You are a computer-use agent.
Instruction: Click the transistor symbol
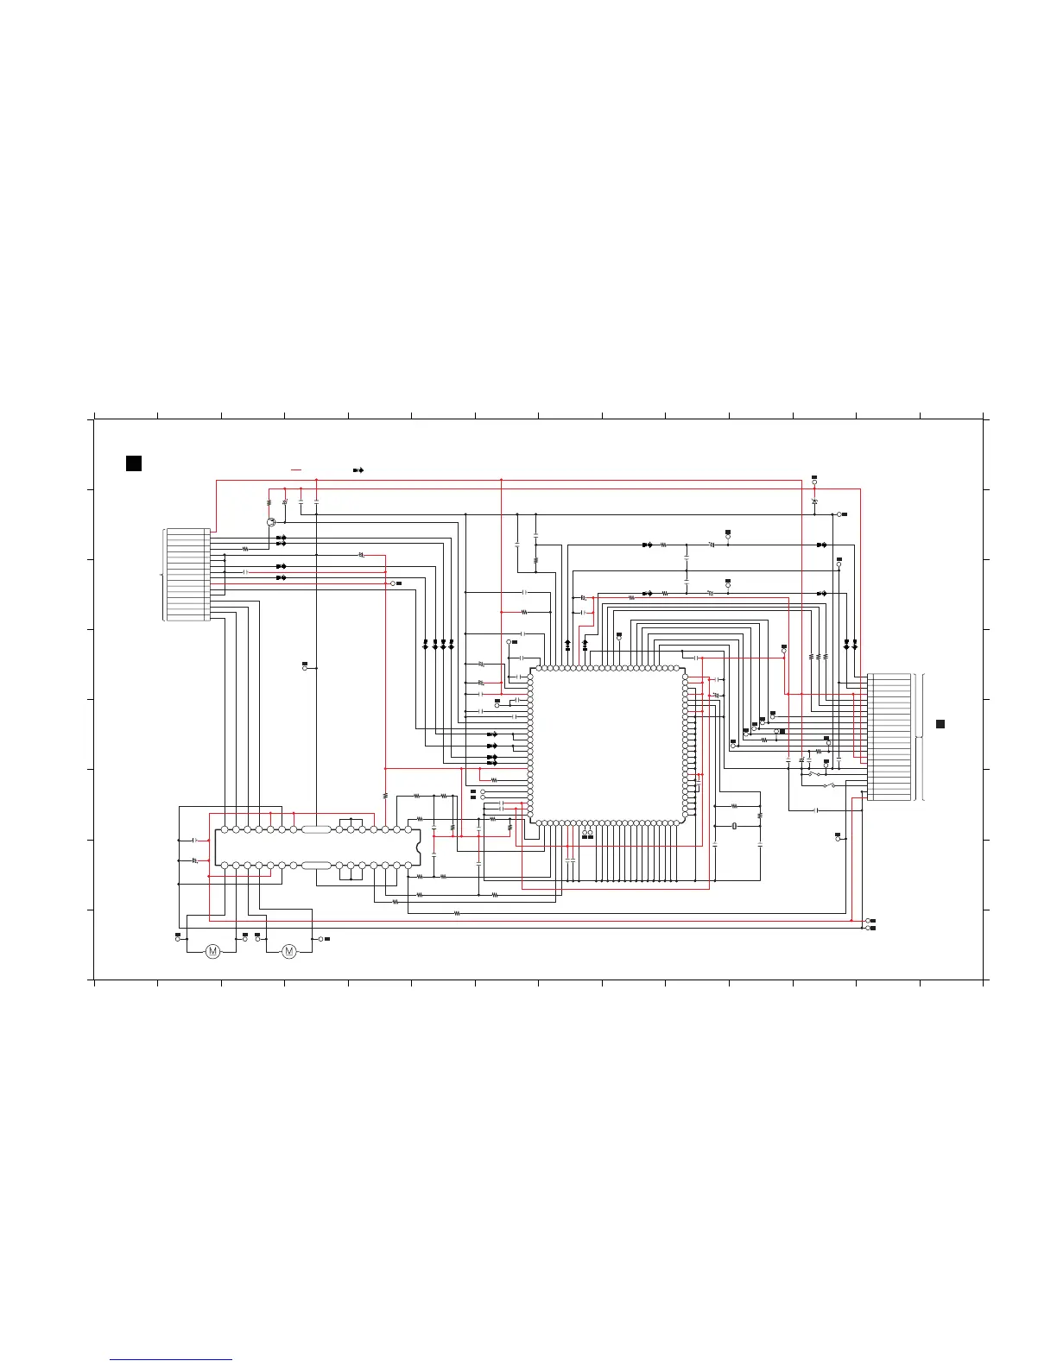271,522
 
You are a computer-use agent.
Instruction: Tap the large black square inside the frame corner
134,463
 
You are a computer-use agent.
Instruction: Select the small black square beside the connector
940,723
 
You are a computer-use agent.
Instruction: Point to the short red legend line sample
296,469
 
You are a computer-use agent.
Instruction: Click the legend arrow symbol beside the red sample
358,469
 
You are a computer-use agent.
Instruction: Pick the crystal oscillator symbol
734,826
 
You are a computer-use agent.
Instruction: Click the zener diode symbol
814,501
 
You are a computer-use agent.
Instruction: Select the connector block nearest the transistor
188,574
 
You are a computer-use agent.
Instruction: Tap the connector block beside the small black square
889,737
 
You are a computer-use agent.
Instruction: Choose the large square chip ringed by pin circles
608,745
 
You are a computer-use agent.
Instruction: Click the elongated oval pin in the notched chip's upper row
316,829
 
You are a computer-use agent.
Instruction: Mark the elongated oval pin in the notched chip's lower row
316,865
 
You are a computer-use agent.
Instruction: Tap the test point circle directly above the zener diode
814,483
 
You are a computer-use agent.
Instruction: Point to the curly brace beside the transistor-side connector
162,574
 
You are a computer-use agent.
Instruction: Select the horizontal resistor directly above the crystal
734,806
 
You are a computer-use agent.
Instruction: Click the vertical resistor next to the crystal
760,815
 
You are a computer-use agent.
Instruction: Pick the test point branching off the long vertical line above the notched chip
305,668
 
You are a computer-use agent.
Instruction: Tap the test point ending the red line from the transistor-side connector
393,583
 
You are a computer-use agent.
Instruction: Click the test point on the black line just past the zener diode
839,514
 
